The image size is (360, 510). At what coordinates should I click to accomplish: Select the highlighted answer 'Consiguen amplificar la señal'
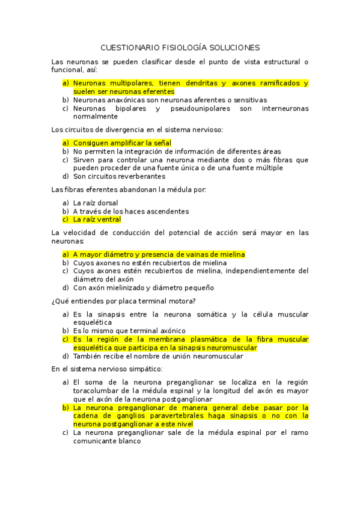click(x=122, y=143)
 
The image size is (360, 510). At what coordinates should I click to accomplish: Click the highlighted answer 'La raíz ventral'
click(x=97, y=220)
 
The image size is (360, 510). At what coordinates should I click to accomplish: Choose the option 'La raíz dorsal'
click(x=96, y=203)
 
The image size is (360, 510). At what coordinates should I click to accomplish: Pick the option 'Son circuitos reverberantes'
click(x=119, y=177)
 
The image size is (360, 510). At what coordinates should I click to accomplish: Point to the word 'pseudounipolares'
click(x=198, y=108)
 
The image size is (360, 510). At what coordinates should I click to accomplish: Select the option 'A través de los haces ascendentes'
click(x=131, y=211)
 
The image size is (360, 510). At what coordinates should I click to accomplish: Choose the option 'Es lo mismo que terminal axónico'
click(x=129, y=331)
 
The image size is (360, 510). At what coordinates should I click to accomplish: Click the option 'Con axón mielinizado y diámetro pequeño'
click(x=143, y=287)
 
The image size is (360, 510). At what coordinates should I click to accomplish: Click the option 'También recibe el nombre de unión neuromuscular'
click(x=158, y=356)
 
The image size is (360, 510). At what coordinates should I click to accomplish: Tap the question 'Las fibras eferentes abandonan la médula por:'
click(x=129, y=190)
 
